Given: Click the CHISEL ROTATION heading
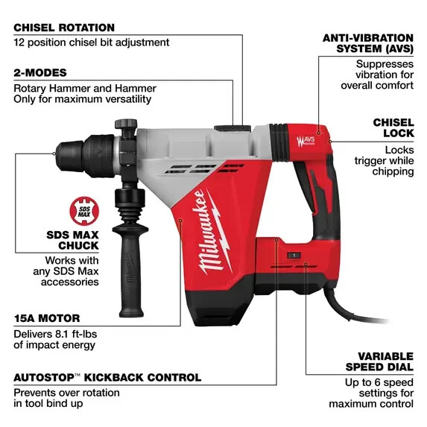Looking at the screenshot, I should tap(64, 28).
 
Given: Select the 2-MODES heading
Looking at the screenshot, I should tap(40, 72).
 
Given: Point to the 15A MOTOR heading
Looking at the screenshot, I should tap(46, 317).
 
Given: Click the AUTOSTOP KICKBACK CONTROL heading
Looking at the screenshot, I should tap(107, 377).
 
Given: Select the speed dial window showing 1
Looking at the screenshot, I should tap(294, 256).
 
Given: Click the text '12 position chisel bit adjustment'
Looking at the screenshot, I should tap(92, 42).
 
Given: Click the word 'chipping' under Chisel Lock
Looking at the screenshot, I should tap(393, 171).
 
